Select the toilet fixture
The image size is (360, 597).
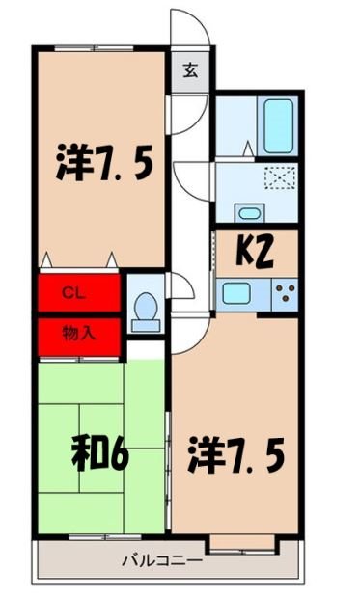click(x=146, y=311)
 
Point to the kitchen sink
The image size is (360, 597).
click(x=236, y=290)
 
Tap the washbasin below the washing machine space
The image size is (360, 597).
click(x=248, y=213)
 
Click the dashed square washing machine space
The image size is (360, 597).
click(x=279, y=179)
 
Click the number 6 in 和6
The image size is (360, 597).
click(x=121, y=454)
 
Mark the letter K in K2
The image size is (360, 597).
click(x=244, y=253)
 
